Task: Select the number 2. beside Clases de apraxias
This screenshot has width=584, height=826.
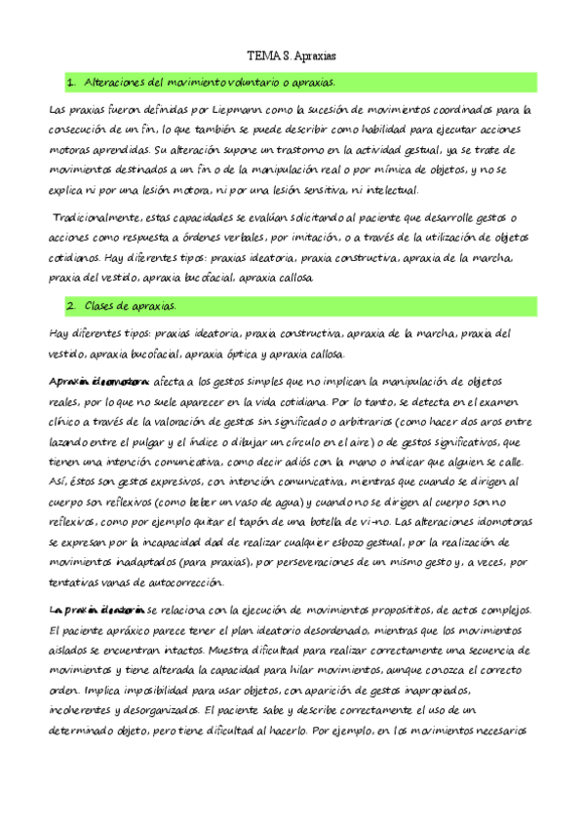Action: tap(72, 307)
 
